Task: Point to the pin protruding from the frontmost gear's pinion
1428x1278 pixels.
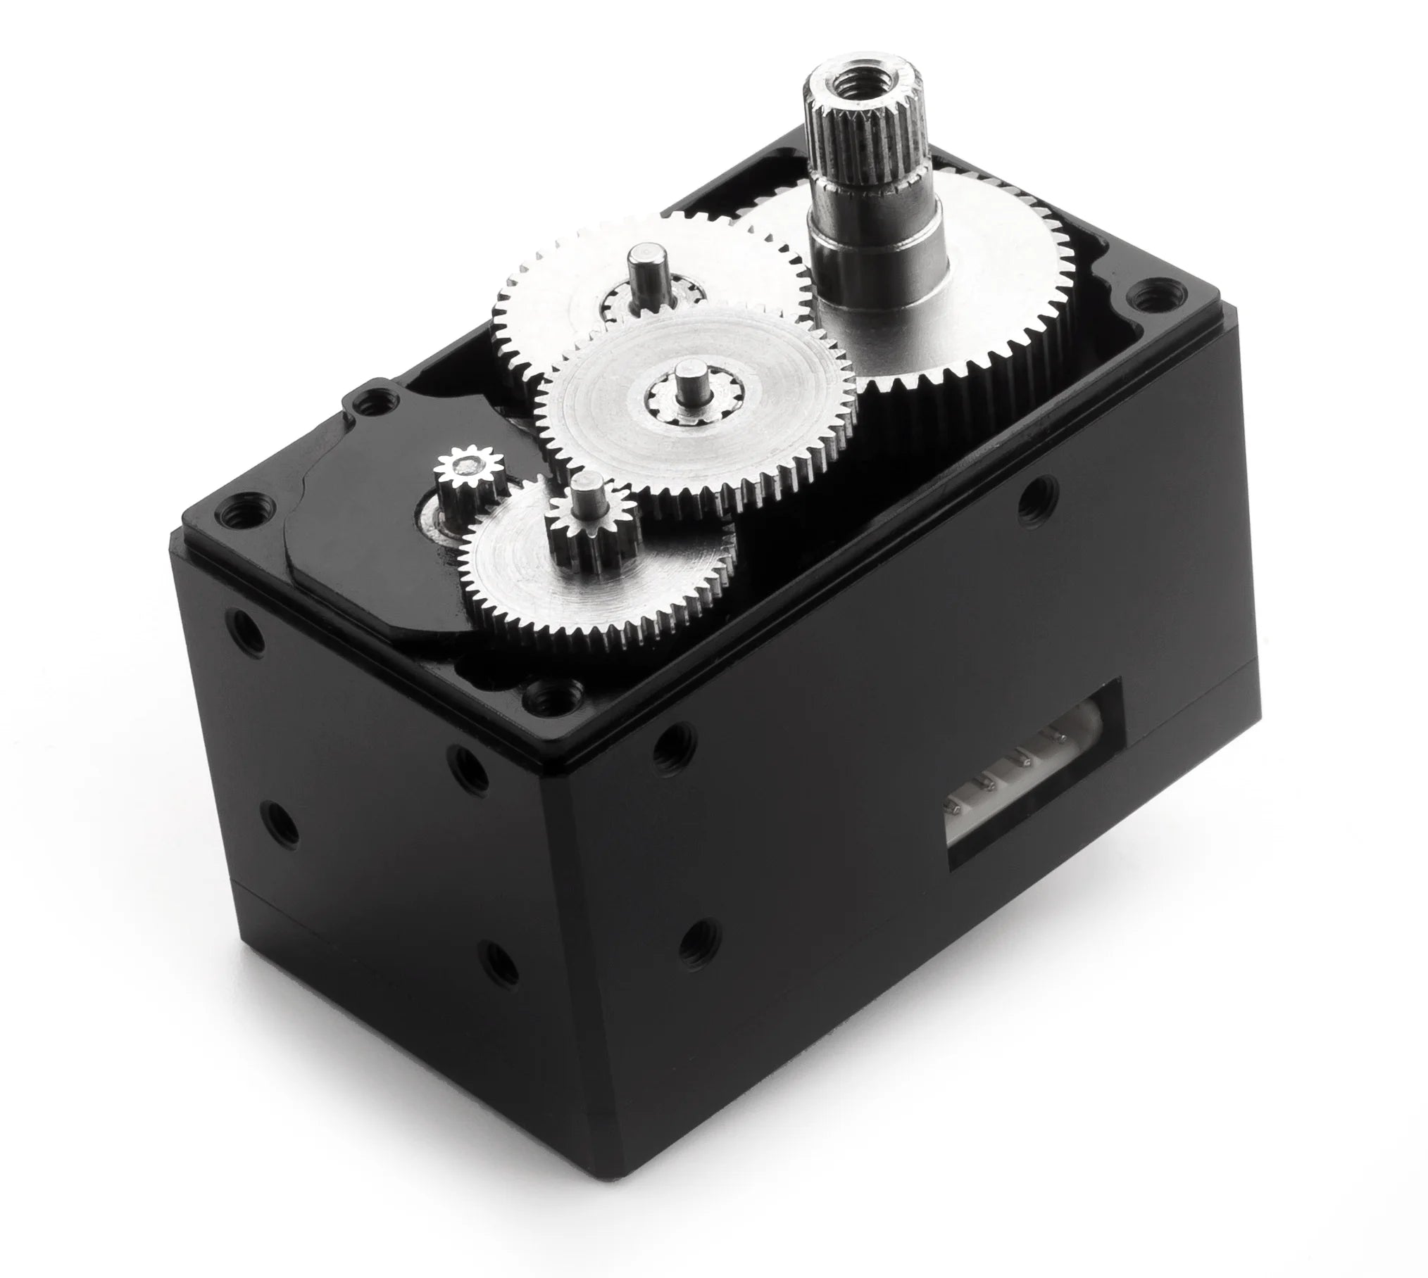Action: pyautogui.click(x=586, y=493)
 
